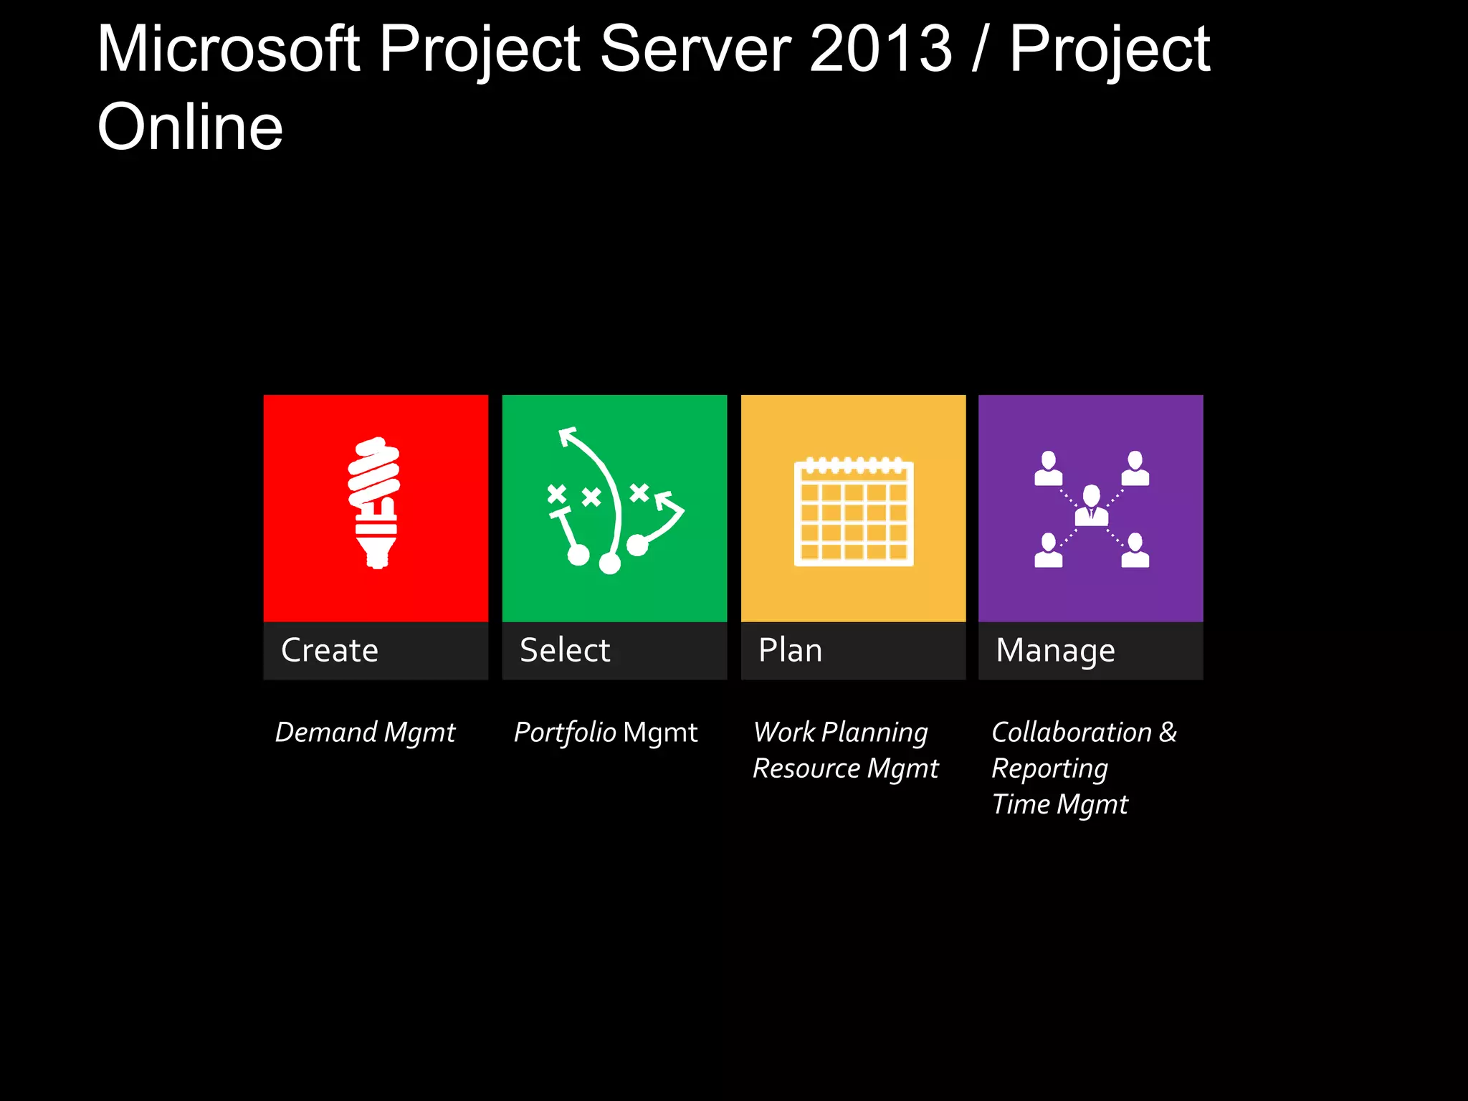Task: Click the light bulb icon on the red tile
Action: [374, 502]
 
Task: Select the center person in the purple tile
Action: [1091, 505]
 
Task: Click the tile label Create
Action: [330, 650]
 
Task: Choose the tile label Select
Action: [565, 650]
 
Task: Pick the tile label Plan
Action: [790, 650]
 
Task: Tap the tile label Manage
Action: [1055, 651]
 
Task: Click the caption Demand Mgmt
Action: [365, 733]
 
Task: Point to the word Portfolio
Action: [565, 733]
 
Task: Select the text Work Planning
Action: [841, 733]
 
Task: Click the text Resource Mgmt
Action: [845, 768]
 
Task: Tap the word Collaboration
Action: [1071, 733]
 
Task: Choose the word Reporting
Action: [1049, 768]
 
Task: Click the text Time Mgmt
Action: [1059, 804]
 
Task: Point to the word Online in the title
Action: [190, 127]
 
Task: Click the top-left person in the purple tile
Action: [1048, 469]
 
